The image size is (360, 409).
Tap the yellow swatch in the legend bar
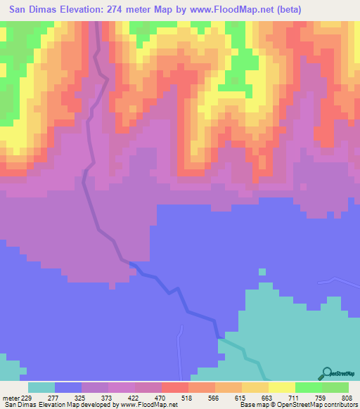(x=281, y=388)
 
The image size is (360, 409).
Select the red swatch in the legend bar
(x=174, y=388)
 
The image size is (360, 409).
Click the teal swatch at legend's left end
(x=41, y=388)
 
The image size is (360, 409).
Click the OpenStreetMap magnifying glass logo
(x=328, y=372)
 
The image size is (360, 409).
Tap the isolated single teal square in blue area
(x=262, y=272)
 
